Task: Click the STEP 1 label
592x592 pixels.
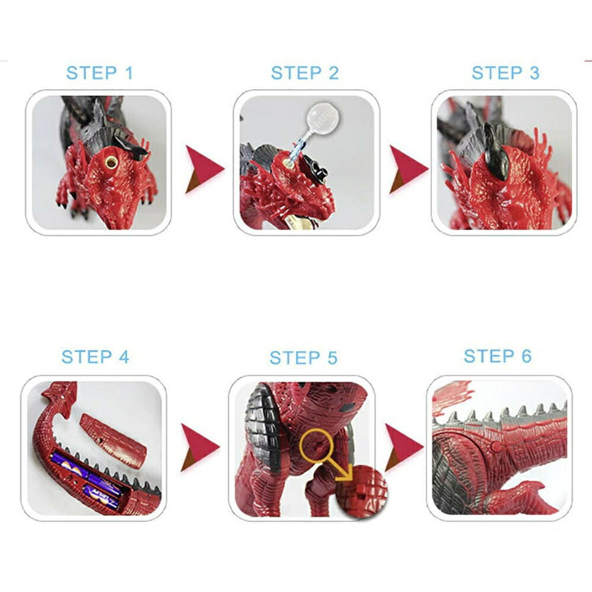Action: tap(99, 73)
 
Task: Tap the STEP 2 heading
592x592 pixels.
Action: tap(305, 73)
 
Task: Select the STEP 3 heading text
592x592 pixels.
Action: tap(506, 73)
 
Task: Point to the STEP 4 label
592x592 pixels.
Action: tap(95, 357)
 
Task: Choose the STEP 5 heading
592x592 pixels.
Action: tap(304, 358)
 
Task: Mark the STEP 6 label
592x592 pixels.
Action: tap(498, 356)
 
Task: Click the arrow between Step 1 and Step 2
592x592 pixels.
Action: tap(204, 169)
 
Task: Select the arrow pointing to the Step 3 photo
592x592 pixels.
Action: tap(408, 169)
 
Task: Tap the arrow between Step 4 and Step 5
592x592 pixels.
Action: tap(200, 448)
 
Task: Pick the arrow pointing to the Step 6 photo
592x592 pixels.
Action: tap(404, 448)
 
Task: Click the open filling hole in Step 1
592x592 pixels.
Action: tap(111, 162)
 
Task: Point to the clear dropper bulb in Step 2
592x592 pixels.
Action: tap(324, 115)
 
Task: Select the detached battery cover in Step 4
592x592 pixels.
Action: tap(113, 441)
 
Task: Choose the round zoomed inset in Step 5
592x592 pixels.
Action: tap(361, 491)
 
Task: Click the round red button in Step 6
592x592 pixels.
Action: tap(496, 447)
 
